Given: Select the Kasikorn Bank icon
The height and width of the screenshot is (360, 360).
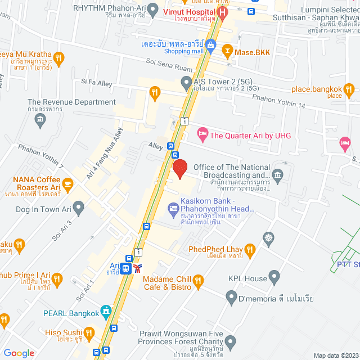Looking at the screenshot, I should pos(173,209).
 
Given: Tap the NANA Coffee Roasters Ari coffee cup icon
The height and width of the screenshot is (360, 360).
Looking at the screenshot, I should pos(68,183).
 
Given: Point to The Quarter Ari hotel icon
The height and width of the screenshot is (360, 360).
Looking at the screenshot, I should pos(202,134).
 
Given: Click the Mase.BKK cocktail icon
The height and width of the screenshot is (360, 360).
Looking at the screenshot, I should pos(227,52).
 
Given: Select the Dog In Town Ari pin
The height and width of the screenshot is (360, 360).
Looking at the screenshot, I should pos(78,209).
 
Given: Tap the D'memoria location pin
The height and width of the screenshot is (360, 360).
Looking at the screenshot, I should pos(231,296).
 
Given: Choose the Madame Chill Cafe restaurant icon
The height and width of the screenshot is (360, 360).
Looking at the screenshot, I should pos(197,280).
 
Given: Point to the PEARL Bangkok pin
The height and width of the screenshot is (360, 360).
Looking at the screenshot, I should pos(105,312).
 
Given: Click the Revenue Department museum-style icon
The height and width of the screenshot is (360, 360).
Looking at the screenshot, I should pos(39,119).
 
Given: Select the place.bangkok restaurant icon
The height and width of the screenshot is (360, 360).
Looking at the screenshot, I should pos(349,89).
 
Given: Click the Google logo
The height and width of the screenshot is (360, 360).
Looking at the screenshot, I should pos(19,353).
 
